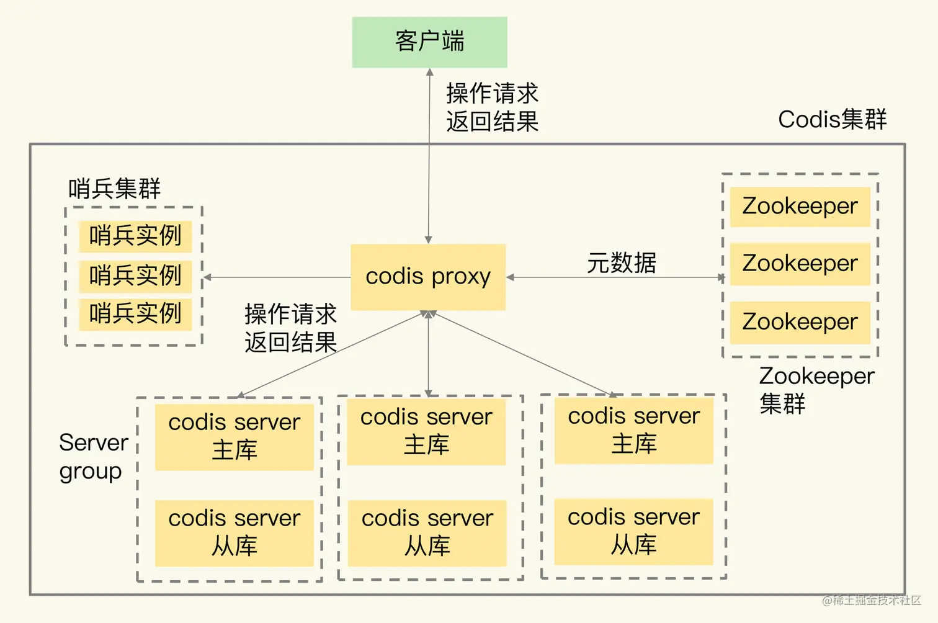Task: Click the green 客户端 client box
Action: tap(429, 42)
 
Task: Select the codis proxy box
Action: tap(428, 277)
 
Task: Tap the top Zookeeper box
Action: tap(800, 206)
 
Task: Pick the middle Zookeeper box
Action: tap(800, 264)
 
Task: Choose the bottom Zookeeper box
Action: tap(800, 322)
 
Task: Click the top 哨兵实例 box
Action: tap(135, 236)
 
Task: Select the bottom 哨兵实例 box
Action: tap(135, 314)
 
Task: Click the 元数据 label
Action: tap(621, 262)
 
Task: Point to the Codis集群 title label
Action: tap(832, 119)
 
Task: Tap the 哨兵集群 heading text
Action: tap(114, 188)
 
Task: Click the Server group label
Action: tap(93, 457)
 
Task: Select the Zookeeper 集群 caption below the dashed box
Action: tap(816, 390)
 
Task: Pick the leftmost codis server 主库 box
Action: tap(234, 436)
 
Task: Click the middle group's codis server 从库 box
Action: tap(427, 532)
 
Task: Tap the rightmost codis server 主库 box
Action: tap(633, 430)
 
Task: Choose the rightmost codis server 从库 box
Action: tap(633, 531)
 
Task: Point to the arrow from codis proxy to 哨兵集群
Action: tap(279, 277)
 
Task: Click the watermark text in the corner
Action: tap(871, 600)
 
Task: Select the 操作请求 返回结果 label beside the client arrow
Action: tap(492, 107)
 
